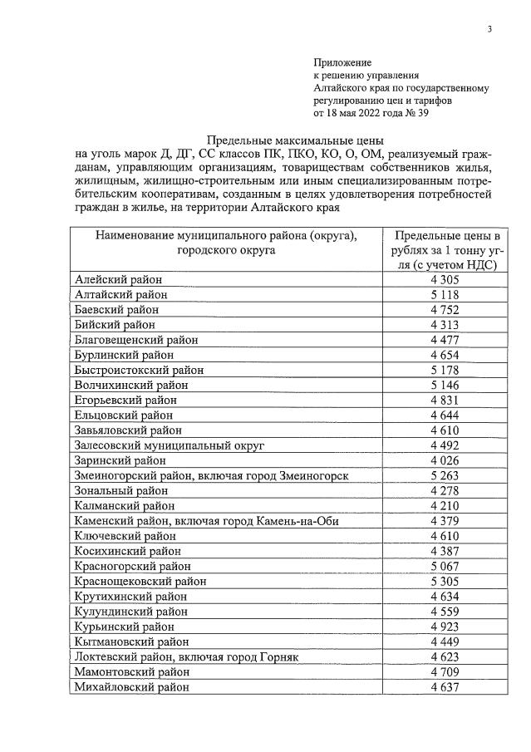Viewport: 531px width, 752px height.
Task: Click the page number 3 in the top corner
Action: point(489,30)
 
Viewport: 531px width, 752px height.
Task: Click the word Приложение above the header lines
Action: point(342,62)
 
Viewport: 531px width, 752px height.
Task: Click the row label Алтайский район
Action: point(120,294)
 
